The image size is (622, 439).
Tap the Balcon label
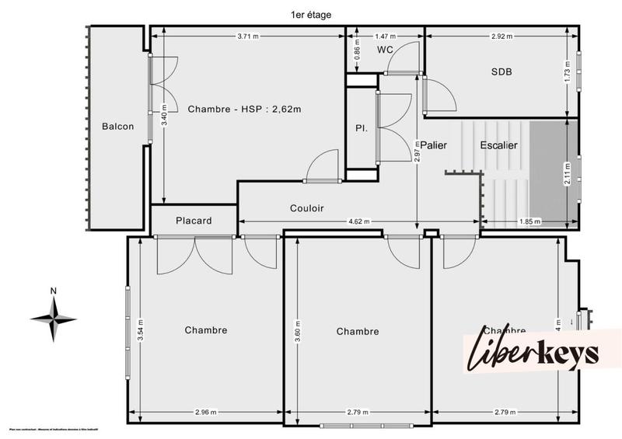pyautogui.click(x=117, y=127)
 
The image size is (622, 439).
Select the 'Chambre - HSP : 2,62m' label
pyautogui.click(x=244, y=109)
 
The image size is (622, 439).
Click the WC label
pyautogui.click(x=386, y=50)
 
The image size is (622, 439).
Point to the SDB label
pyautogui.click(x=502, y=71)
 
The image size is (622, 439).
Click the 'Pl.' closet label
pyautogui.click(x=361, y=127)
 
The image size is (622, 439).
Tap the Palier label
pyautogui.click(x=434, y=145)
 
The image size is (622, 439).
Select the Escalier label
pyautogui.click(x=499, y=145)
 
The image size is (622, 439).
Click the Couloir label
pyautogui.click(x=306, y=208)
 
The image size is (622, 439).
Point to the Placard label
pyautogui.click(x=194, y=221)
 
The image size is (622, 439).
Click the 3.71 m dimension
pyautogui.click(x=248, y=36)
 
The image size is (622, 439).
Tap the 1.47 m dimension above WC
pyautogui.click(x=386, y=36)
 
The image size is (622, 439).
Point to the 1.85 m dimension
pyautogui.click(x=529, y=222)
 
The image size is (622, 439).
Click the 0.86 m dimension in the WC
pyautogui.click(x=357, y=53)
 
